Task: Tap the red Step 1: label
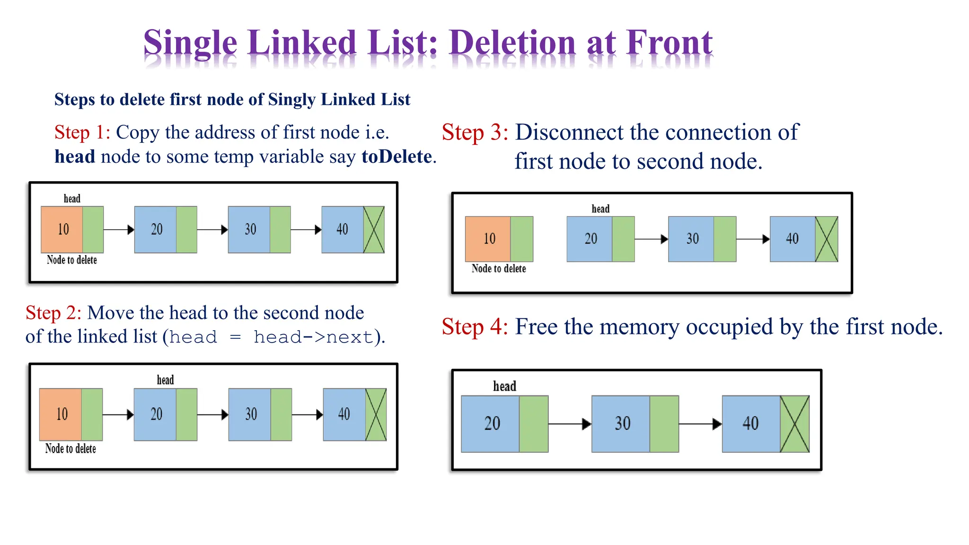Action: tap(82, 132)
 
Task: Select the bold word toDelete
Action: tap(396, 157)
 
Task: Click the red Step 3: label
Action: tap(475, 132)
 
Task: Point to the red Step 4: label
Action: tap(475, 327)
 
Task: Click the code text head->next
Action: tap(313, 337)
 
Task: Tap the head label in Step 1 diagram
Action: tap(72, 199)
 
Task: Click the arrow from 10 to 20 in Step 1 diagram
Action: tap(118, 230)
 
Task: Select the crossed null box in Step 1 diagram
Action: tap(373, 230)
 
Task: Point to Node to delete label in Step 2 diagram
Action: tap(70, 448)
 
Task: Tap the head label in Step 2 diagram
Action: tap(165, 380)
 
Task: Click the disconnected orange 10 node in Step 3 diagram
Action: tap(489, 238)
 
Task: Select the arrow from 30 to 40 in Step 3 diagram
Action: tap(752, 239)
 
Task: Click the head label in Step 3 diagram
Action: tap(600, 209)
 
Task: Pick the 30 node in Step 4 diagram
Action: tap(622, 423)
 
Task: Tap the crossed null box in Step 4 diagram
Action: tap(794, 424)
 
